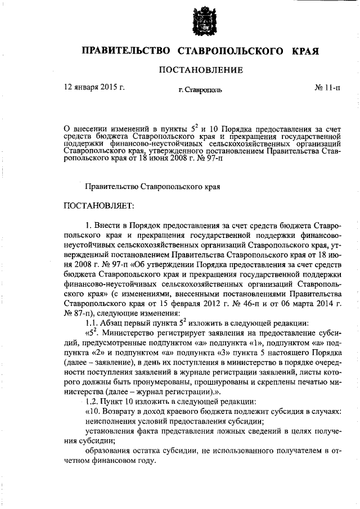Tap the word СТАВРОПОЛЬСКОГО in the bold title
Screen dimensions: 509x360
pyautogui.click(x=230, y=51)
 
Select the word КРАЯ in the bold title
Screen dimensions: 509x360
pyautogui.click(x=306, y=51)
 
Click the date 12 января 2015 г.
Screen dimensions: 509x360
pyautogui.click(x=94, y=88)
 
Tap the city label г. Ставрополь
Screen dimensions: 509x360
pyautogui.click(x=200, y=89)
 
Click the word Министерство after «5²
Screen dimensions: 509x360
pyautogui.click(x=127, y=333)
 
